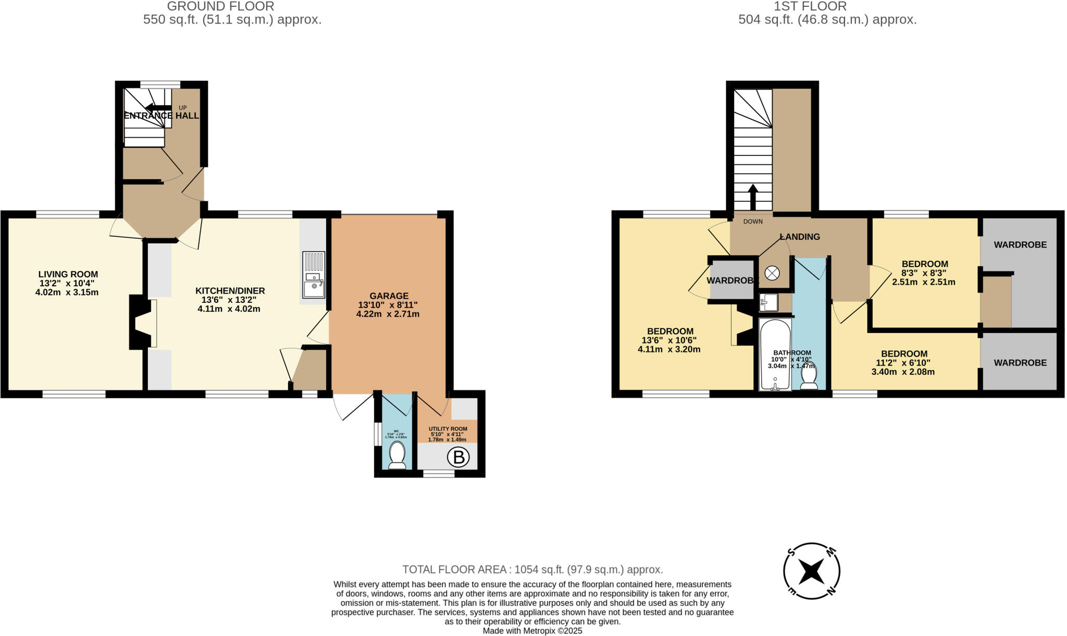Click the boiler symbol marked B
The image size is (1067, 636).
tap(458, 457)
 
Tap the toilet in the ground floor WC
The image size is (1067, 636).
tap(398, 455)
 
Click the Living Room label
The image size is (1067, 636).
tap(68, 274)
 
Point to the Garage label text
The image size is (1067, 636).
tap(389, 296)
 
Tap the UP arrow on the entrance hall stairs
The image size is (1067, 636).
tap(158, 108)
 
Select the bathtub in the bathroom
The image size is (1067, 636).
tap(775, 354)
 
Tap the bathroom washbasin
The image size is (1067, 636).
tap(768, 302)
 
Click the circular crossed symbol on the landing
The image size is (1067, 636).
tap(772, 273)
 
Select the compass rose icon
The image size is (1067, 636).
tap(812, 571)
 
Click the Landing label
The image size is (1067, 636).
tap(800, 237)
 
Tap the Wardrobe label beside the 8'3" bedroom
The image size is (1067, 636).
tap(1020, 244)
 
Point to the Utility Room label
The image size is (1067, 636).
tap(448, 429)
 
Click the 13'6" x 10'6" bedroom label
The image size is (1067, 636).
tap(669, 340)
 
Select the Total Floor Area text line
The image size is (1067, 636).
tap(532, 569)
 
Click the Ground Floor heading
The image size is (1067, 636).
tap(220, 6)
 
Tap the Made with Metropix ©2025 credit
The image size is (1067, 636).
tap(532, 631)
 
